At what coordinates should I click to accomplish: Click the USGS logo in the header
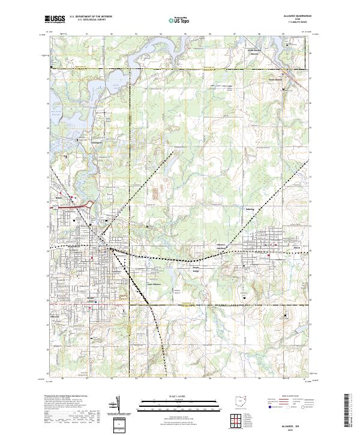pos(55,19)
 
